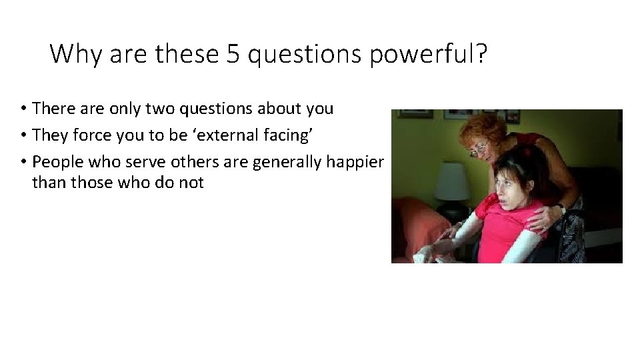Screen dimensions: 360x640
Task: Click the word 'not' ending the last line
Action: pyautogui.click(x=191, y=182)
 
